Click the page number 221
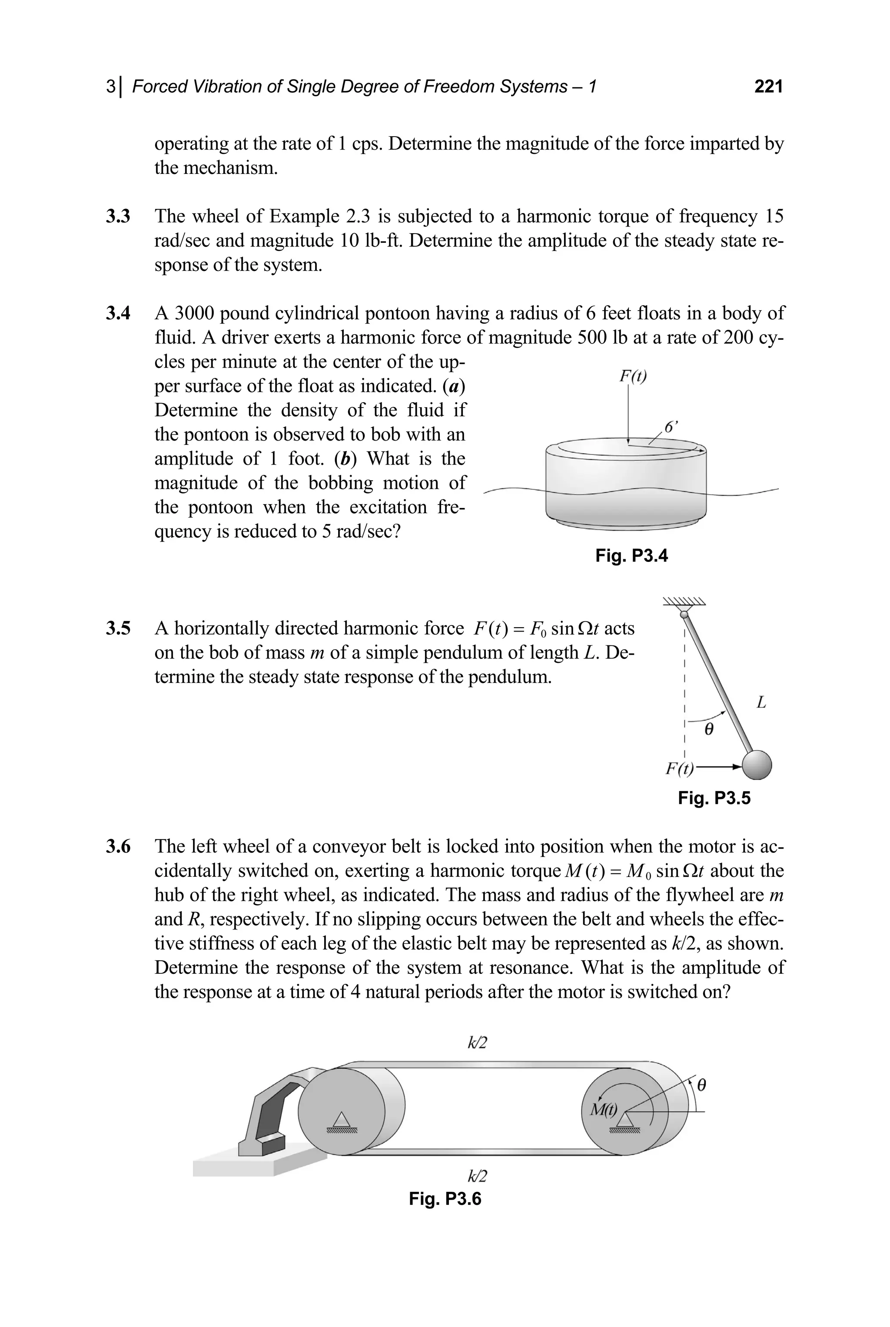[768, 87]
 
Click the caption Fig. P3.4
[631, 555]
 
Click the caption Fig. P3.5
[714, 798]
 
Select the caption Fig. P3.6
[445, 1199]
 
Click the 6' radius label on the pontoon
[671, 427]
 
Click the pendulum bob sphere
[757, 765]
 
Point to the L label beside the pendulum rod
[761, 703]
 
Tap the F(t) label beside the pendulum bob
[679, 769]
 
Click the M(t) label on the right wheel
[603, 1109]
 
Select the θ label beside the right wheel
[701, 1086]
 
